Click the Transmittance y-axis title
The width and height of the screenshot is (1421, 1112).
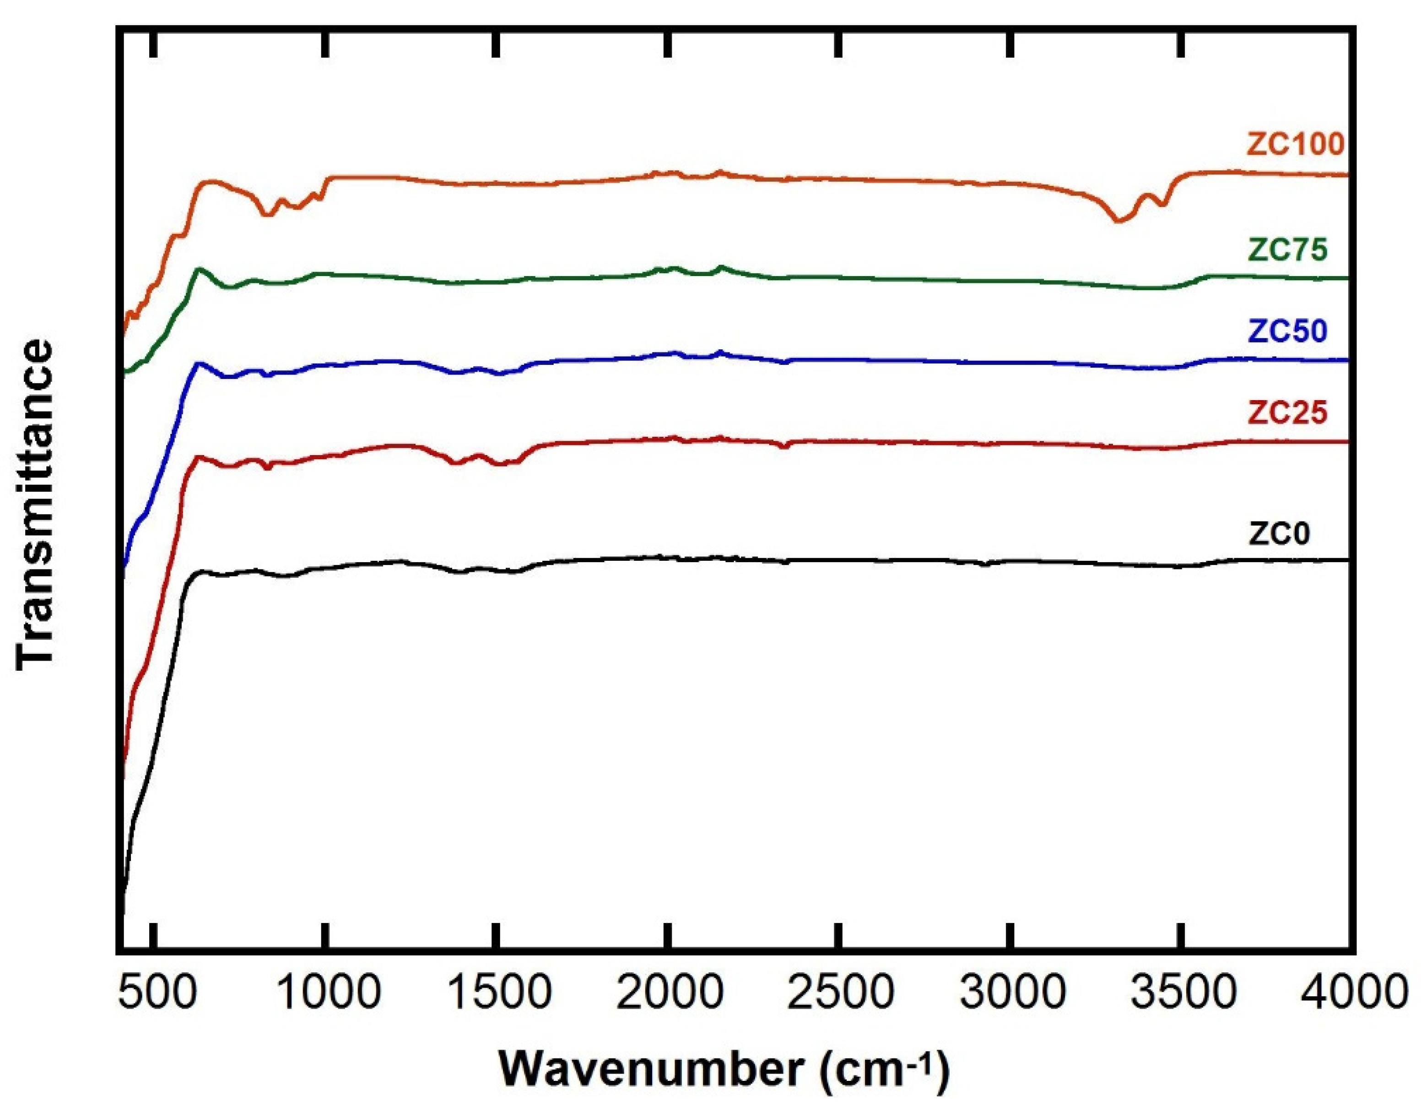pyautogui.click(x=35, y=504)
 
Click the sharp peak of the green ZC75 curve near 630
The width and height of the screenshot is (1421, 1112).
pyautogui.click(x=199, y=269)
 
